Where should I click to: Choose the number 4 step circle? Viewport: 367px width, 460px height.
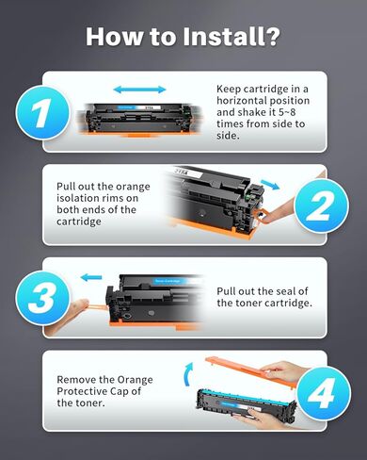(322, 390)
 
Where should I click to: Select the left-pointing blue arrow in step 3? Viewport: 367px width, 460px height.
(92, 277)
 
